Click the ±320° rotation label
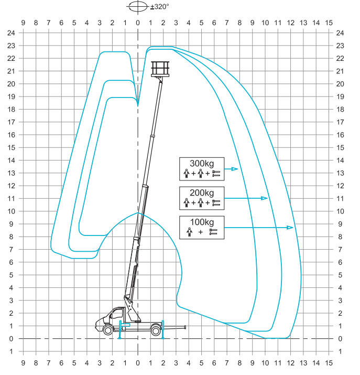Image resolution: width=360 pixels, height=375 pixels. pyautogui.click(x=160, y=7)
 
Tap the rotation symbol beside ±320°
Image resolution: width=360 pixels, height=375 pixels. pyautogui.click(x=138, y=7)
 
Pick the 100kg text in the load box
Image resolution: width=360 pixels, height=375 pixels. pyautogui.click(x=201, y=221)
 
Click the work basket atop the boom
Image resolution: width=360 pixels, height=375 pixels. pyautogui.click(x=160, y=69)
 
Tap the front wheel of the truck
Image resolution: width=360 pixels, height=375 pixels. pyautogui.click(x=108, y=330)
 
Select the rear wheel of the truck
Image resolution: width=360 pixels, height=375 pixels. pyautogui.click(x=156, y=330)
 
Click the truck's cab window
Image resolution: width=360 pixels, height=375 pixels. pyautogui.click(x=112, y=316)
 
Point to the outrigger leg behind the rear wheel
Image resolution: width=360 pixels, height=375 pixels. pyautogui.click(x=163, y=329)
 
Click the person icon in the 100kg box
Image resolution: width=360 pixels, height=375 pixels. pyautogui.click(x=189, y=231)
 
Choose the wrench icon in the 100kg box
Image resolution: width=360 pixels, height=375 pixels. pyautogui.click(x=212, y=231)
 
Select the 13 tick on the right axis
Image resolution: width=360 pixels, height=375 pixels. pyautogui.click(x=341, y=173)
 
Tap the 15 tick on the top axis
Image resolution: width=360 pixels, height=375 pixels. pyautogui.click(x=329, y=23)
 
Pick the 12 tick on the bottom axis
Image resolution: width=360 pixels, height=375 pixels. pyautogui.click(x=290, y=362)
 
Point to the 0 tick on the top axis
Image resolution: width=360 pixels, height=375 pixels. pyautogui.click(x=138, y=23)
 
